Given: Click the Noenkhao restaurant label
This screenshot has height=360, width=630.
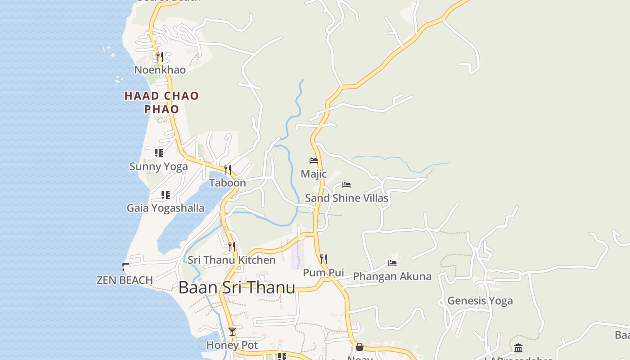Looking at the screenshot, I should [x=160, y=70].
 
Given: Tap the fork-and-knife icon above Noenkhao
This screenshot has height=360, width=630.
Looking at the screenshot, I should [x=159, y=57].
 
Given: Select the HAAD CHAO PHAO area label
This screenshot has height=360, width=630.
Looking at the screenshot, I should [x=162, y=102].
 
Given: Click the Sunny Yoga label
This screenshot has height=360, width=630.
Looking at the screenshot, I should [x=158, y=166].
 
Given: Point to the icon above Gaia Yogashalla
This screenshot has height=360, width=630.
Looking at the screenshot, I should [x=165, y=195].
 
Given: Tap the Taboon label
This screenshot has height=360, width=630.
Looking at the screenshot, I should [x=227, y=183].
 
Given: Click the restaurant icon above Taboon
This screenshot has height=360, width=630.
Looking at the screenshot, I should [x=228, y=170].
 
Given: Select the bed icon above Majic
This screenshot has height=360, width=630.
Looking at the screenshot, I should [x=314, y=161].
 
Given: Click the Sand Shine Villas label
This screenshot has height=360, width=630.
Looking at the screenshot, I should [x=346, y=198].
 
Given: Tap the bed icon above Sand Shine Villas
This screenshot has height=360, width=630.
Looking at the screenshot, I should [x=346, y=184].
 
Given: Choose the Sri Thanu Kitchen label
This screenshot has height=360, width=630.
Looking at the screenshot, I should [x=231, y=260].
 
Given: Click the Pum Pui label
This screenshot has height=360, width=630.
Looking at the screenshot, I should [x=323, y=273].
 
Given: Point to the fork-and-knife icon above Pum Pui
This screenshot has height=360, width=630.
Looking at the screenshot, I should [x=323, y=259].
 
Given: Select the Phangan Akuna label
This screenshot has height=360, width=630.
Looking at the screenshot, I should [x=392, y=276].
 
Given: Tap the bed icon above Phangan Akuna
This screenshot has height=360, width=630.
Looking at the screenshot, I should [x=392, y=263].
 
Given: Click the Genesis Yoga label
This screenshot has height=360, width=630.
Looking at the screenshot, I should [x=480, y=301].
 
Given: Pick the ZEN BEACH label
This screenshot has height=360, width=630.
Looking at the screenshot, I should [x=125, y=280].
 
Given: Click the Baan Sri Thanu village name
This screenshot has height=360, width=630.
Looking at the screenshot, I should [x=237, y=288].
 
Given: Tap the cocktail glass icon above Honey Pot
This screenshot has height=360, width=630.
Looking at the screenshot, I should [x=232, y=332].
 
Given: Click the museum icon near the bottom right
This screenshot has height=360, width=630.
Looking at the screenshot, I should [x=518, y=348].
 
